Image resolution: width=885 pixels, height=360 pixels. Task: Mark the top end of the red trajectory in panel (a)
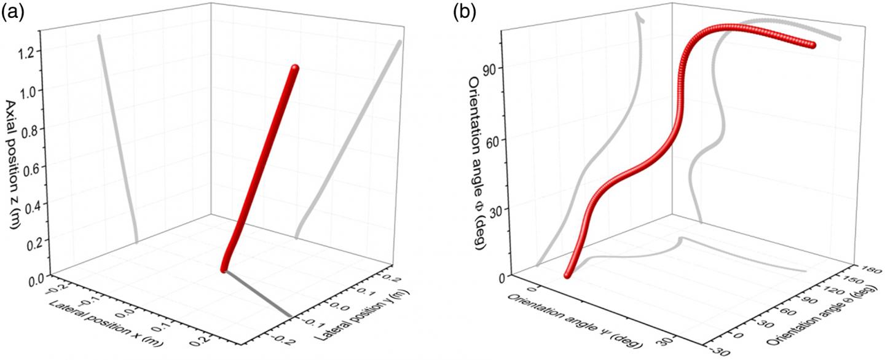click(x=295, y=68)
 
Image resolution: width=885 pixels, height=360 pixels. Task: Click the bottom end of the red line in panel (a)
click(x=224, y=268)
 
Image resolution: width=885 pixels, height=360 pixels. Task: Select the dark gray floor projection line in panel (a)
click(x=258, y=293)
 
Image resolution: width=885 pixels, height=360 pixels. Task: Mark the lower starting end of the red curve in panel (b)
click(x=567, y=276)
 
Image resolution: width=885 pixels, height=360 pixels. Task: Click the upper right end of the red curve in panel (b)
click(x=812, y=45)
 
